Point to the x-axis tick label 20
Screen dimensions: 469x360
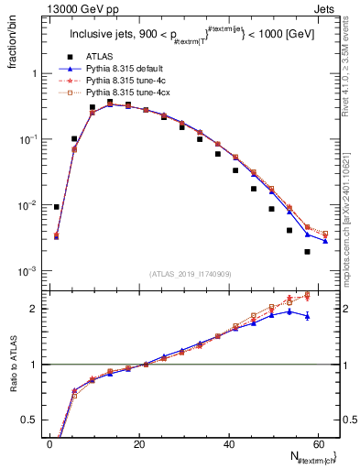[139, 444]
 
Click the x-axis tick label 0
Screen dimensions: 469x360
[49, 444]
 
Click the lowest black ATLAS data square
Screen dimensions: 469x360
[307, 252]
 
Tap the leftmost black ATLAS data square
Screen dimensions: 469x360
[57, 207]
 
